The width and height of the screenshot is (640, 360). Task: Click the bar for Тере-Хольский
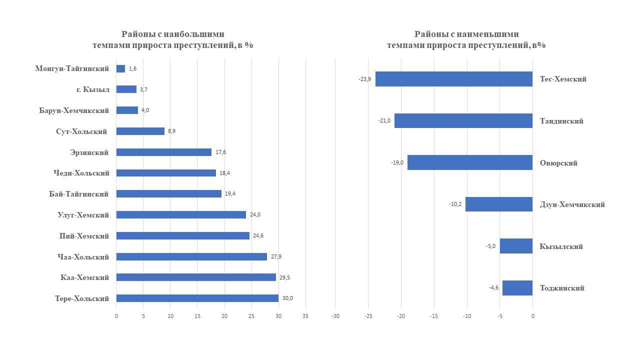[x=197, y=298]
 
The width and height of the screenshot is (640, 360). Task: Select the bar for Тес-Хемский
[x=454, y=79]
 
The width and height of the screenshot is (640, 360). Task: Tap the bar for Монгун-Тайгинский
[x=120, y=68]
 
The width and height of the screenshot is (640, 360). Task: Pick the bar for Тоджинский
[x=517, y=288]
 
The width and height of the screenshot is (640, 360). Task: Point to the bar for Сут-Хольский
[x=140, y=131]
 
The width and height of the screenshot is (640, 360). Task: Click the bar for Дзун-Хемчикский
[x=499, y=204]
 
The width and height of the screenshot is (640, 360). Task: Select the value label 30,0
[x=287, y=298]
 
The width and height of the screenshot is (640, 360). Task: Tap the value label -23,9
[x=364, y=79]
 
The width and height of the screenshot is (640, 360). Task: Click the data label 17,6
[x=220, y=152]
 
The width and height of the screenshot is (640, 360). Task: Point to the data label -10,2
[x=455, y=204]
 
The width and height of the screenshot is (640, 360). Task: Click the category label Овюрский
[x=558, y=163]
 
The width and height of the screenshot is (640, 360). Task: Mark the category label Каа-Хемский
[x=84, y=277]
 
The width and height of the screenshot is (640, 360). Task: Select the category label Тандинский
[x=561, y=121]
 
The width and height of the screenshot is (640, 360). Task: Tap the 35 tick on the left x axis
[x=305, y=316]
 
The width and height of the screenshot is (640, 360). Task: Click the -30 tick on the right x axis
[x=335, y=316]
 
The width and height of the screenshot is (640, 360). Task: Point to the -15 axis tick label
[x=433, y=316]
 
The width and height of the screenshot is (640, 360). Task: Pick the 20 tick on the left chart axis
[x=224, y=316]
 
